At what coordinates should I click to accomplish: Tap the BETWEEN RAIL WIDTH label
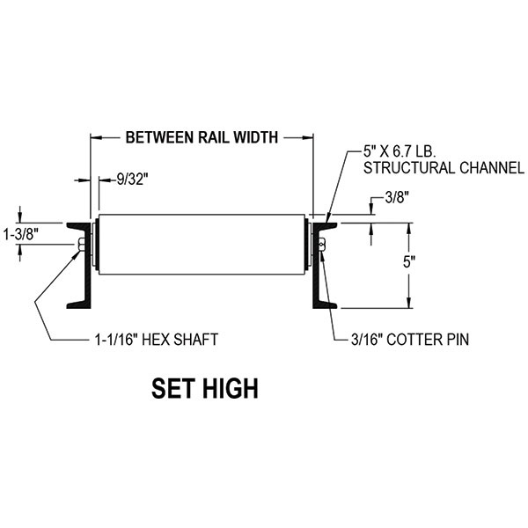pyautogui.click(x=202, y=137)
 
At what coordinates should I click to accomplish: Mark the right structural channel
pyautogui.click(x=320, y=264)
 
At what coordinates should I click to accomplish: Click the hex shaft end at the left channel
pyautogui.click(x=82, y=246)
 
